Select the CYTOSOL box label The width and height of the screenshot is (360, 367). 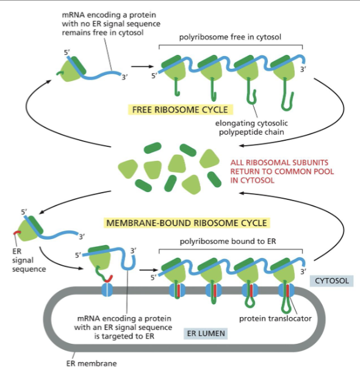333,280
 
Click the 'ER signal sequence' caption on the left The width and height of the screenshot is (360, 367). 24,258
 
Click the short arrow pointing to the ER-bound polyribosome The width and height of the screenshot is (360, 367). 146,268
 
